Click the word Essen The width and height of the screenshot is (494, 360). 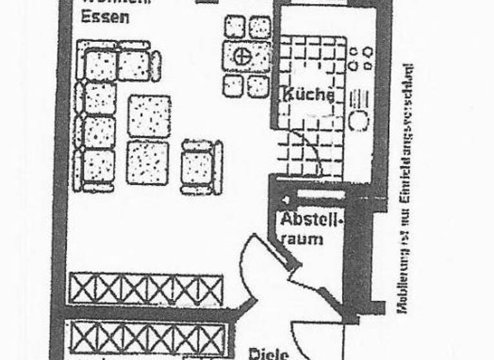105,17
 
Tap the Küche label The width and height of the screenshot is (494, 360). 307,95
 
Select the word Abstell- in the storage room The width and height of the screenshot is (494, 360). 312,220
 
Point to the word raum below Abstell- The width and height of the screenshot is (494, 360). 302,239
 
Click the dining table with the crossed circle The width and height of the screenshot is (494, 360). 246,56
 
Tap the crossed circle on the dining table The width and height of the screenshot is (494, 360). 242,56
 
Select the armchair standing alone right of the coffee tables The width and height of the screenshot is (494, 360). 201,167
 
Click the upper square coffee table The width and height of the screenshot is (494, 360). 149,116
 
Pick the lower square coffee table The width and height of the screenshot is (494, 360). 147,163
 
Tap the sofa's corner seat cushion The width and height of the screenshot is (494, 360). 100,64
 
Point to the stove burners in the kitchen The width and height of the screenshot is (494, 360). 360,57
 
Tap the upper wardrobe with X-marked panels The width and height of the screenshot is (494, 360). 146,289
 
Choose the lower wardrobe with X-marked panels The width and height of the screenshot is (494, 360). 147,338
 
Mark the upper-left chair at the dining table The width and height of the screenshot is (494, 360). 234,27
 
